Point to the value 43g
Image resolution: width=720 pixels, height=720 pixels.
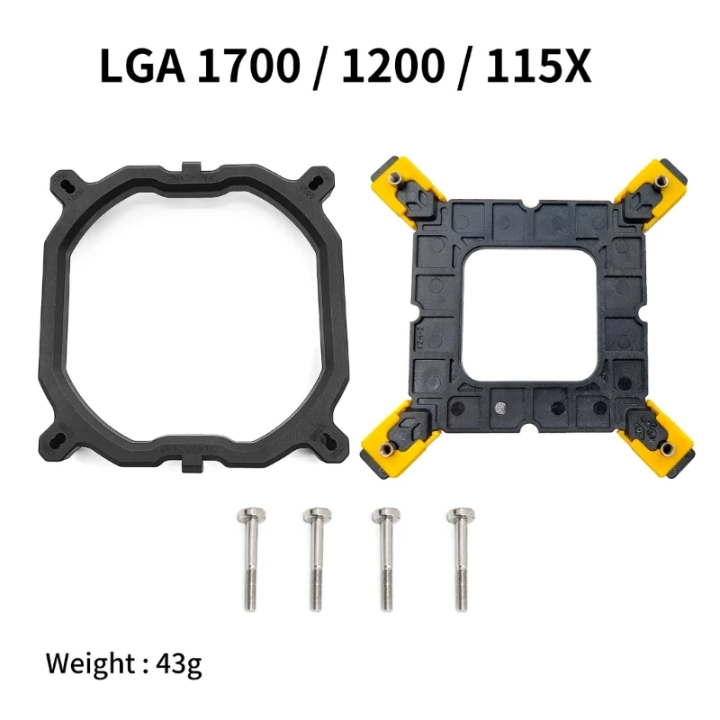pos(177,666)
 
